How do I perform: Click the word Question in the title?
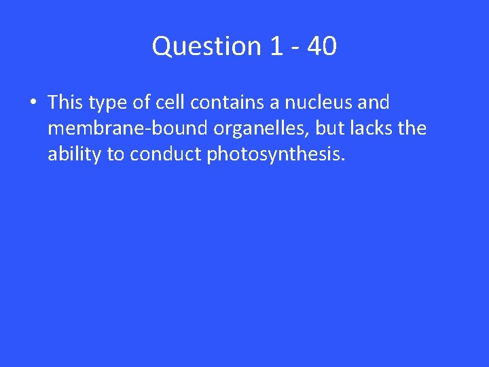(206, 47)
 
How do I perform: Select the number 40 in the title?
(322, 47)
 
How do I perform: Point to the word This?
(65, 103)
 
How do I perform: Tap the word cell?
(170, 103)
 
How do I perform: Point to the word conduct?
(165, 154)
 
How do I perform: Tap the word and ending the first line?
(375, 103)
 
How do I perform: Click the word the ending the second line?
(412, 128)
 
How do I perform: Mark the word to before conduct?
(115, 155)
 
